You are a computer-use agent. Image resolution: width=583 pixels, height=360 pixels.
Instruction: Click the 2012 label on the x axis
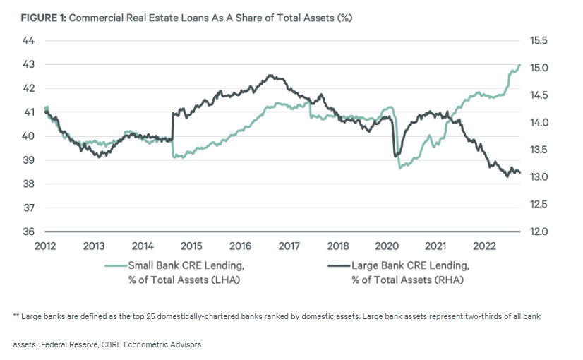(44, 246)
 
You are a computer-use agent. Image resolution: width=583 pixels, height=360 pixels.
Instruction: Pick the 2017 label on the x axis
(289, 246)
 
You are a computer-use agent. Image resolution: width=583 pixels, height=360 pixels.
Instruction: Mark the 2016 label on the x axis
(241, 246)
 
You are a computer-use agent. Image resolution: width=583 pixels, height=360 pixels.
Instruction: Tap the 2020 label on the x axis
(387, 246)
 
